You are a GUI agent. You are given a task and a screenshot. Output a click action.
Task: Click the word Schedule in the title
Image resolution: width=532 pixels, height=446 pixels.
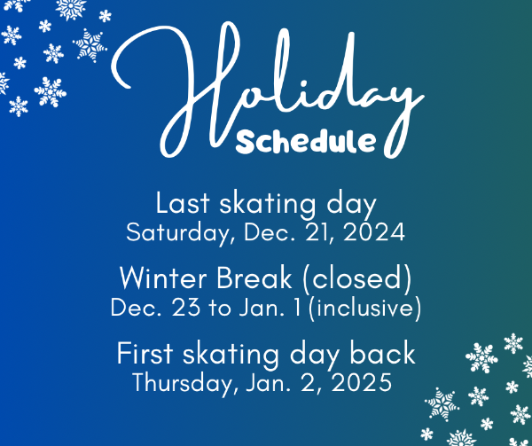click(x=306, y=141)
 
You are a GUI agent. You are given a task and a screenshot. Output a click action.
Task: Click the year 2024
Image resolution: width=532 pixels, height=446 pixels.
click(x=374, y=232)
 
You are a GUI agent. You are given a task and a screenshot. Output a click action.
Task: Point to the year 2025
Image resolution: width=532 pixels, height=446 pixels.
click(x=362, y=382)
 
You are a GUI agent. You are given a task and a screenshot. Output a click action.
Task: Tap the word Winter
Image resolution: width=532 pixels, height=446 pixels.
click(x=163, y=278)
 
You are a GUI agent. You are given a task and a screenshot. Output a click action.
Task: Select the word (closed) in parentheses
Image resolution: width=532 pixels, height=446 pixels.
click(x=357, y=278)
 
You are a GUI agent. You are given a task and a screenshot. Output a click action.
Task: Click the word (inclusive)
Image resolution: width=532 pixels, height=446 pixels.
click(x=365, y=308)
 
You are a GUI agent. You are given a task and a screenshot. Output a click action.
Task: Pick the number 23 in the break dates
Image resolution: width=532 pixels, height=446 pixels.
click(x=186, y=308)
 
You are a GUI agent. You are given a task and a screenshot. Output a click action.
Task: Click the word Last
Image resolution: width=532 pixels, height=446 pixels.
click(x=183, y=204)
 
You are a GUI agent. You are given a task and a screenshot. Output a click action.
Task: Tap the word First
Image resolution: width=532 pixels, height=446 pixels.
click(x=145, y=354)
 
